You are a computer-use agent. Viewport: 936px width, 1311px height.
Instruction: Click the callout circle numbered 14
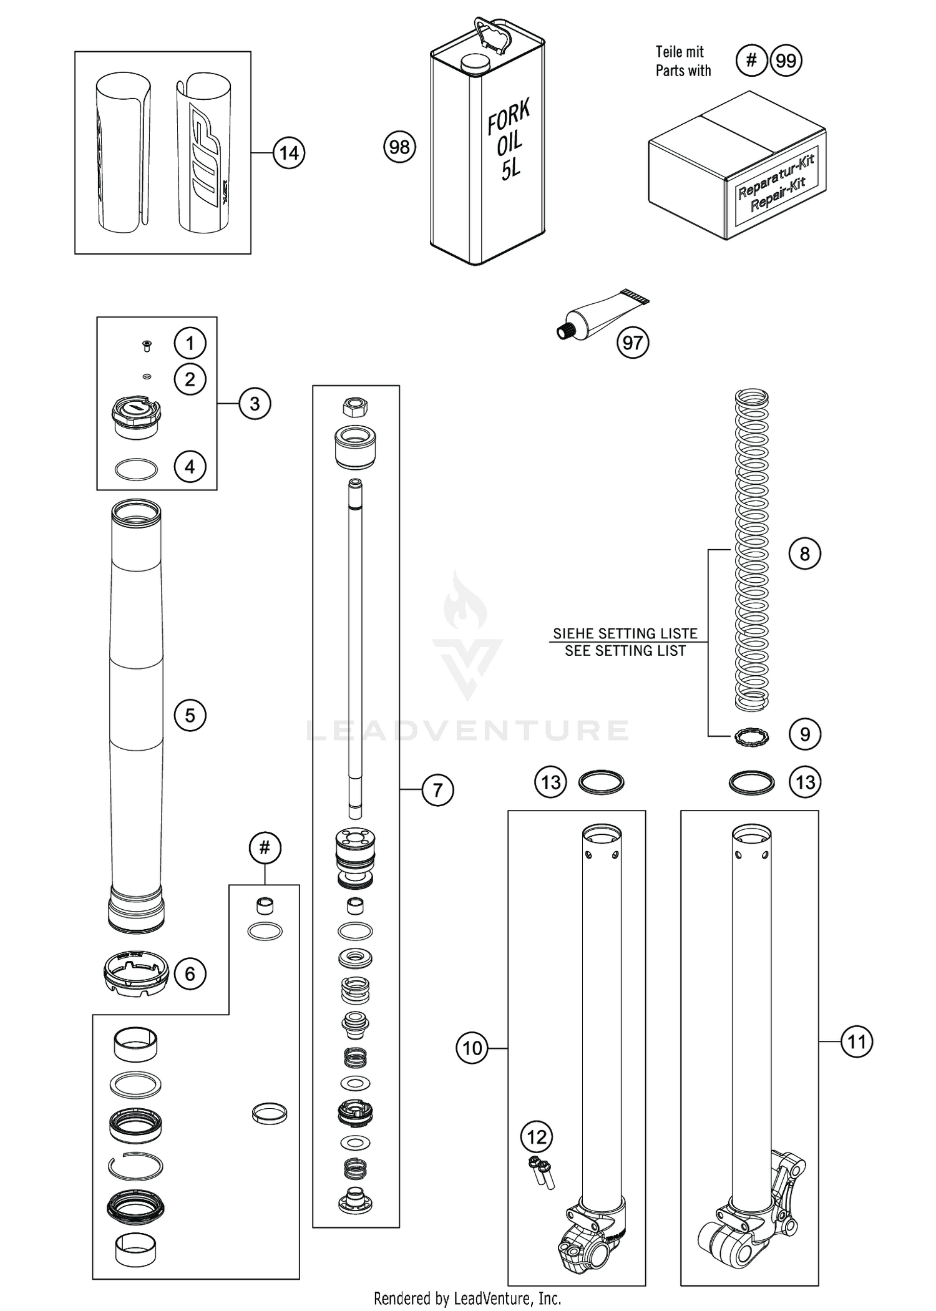point(289,153)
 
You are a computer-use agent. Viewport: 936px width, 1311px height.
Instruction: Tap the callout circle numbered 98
point(399,147)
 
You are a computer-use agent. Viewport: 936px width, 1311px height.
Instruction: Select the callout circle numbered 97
point(633,343)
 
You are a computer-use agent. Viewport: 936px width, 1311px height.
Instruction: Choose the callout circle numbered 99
point(786,61)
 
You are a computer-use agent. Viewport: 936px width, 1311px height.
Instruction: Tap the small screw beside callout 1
point(147,344)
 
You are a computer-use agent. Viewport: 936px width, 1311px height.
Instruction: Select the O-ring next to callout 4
point(137,469)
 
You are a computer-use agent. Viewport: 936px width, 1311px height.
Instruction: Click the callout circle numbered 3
point(255,404)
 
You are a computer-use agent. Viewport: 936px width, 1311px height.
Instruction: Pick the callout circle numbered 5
point(190,715)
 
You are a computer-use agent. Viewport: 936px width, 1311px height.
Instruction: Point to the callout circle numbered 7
point(437,790)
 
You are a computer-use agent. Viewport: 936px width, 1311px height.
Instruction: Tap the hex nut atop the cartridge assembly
point(355,408)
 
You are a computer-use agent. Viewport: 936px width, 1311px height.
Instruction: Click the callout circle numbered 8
point(804,553)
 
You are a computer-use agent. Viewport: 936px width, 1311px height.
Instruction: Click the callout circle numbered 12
point(537,1137)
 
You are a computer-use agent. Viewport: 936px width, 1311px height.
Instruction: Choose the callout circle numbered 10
point(472,1048)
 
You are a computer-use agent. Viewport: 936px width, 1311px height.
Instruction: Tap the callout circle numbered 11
point(857,1041)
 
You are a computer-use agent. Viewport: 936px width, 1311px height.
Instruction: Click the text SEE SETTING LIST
point(625,651)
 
